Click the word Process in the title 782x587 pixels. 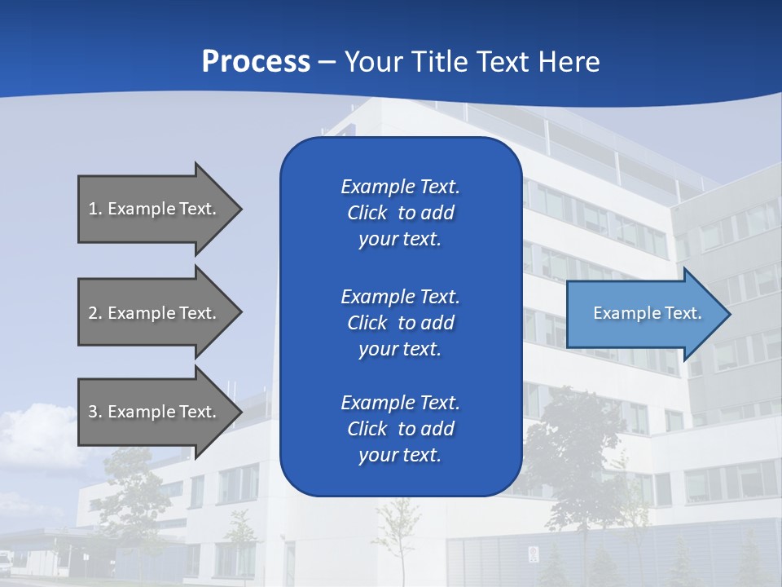[256, 61]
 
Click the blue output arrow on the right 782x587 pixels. [644, 314]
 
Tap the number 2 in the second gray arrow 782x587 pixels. [93, 313]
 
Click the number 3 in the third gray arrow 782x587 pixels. [93, 412]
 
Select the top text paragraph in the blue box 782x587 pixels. [400, 213]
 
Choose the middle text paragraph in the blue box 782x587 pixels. [400, 323]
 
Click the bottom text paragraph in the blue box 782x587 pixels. [400, 429]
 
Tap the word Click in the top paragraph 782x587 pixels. [367, 213]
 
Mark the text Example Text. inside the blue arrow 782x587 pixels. [647, 313]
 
